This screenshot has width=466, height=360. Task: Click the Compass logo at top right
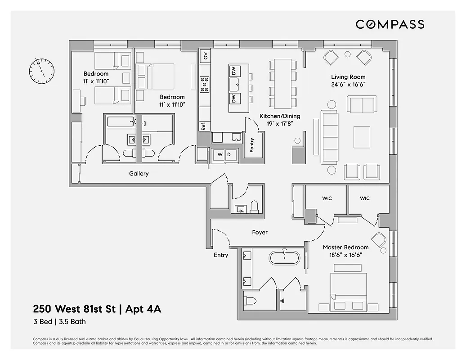point(390,24)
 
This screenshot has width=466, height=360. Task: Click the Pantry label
point(251,144)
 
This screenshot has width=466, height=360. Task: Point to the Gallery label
point(139,174)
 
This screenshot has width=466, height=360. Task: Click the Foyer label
point(260,232)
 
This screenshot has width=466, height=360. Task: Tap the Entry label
point(221,255)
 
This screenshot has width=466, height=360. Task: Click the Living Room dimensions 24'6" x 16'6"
point(348,85)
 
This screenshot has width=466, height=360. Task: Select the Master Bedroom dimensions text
point(345,255)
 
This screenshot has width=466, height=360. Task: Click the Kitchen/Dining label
point(280,116)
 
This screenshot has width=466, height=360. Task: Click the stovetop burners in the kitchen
point(205,84)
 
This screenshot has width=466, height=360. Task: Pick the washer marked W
point(220,154)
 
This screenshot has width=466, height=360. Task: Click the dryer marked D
point(229,154)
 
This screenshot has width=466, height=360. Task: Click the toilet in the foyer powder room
point(254,206)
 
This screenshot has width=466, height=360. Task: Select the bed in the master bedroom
point(348,288)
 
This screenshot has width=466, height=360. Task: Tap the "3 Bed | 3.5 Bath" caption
point(59,322)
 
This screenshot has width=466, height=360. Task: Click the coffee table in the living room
point(361,137)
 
